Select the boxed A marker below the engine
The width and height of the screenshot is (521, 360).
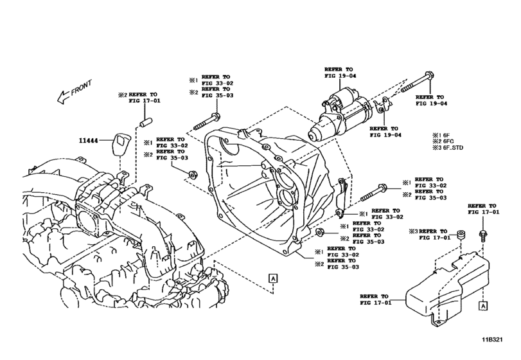click(273, 277)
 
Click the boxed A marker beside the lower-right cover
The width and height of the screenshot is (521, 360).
click(482, 307)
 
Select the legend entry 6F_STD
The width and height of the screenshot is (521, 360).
click(449, 148)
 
